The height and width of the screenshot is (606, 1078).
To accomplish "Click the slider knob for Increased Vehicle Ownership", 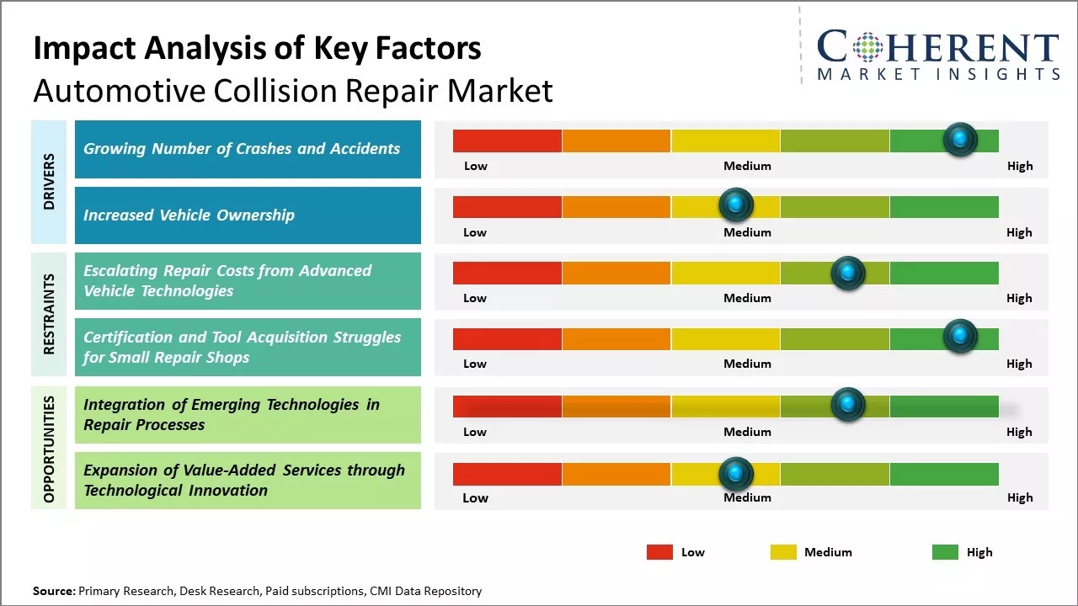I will point(736,205).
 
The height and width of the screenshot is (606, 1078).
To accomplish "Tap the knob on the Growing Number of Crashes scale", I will point(960,139).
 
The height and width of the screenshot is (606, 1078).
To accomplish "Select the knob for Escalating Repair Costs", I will point(847,273).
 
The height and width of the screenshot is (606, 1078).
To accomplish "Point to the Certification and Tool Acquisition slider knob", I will point(960,336).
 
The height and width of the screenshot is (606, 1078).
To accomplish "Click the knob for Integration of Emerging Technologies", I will point(847,405).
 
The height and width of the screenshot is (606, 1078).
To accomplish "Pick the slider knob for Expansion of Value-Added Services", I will point(736,473).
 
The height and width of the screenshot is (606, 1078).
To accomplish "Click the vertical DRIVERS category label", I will point(49,182).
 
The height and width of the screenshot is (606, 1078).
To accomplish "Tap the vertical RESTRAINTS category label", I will point(49,314).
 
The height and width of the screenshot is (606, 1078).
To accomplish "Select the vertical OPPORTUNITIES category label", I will point(49,449).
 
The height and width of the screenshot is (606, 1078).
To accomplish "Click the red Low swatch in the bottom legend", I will point(659,552).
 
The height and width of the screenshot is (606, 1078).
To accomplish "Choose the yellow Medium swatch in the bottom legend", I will point(783,552).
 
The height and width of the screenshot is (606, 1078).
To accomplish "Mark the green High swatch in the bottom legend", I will point(945,552).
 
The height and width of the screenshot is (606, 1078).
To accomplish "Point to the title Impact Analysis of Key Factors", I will point(257,49).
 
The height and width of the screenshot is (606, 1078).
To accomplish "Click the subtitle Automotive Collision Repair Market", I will point(293,90).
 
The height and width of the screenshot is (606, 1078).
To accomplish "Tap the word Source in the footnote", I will point(53,591).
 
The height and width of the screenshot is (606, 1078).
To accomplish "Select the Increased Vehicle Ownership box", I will point(248,215).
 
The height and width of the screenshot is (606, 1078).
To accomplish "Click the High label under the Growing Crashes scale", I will point(1019,166).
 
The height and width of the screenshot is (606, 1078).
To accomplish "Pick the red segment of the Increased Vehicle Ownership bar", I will point(507,206).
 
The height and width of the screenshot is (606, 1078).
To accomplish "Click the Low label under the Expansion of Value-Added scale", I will point(475,497).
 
